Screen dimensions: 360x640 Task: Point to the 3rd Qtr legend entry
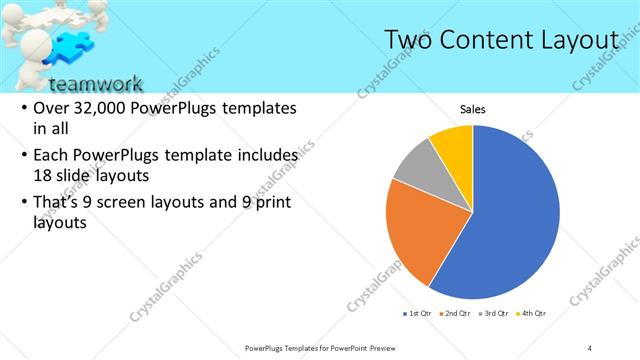[x=497, y=314]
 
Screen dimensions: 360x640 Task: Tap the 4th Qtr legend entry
[x=534, y=314]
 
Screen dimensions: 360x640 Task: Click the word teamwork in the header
[x=95, y=83]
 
